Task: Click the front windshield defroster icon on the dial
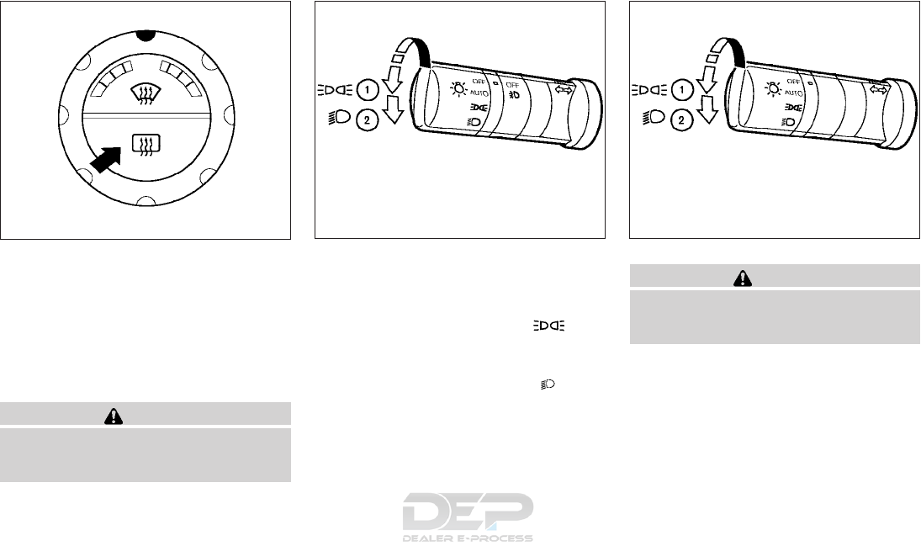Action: click(145, 93)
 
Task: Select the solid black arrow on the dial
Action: click(107, 160)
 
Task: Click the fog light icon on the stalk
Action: click(513, 94)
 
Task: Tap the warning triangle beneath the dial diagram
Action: click(114, 416)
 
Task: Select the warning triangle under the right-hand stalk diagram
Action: click(743, 278)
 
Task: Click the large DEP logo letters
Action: click(468, 512)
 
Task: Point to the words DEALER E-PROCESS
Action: click(468, 538)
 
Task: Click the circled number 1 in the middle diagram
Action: click(367, 91)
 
